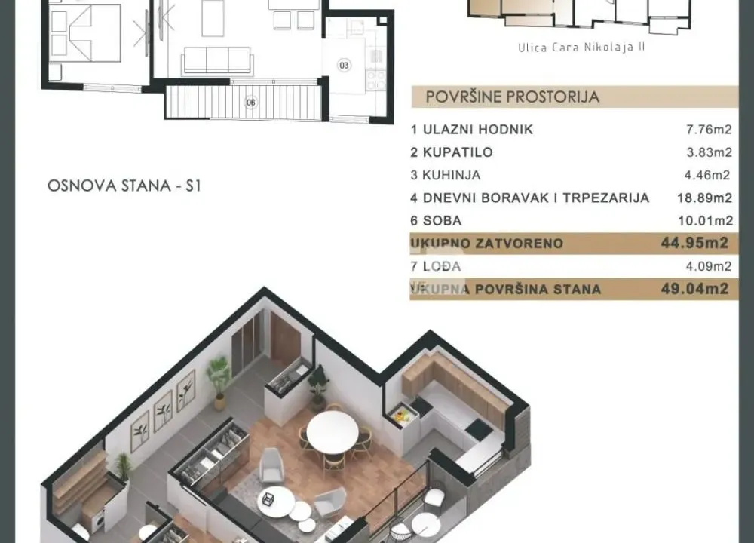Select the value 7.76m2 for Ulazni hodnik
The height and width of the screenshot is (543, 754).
click(706, 130)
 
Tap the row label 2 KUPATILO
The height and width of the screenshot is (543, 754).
click(452, 152)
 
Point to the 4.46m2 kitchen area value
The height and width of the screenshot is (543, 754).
click(706, 176)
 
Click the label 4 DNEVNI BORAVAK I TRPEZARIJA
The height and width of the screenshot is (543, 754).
click(530, 198)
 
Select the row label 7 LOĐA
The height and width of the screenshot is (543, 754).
click(437, 266)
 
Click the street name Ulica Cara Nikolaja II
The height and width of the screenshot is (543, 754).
click(582, 47)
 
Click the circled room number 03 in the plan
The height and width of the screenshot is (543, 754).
click(344, 66)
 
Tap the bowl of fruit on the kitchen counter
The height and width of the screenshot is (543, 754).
click(401, 413)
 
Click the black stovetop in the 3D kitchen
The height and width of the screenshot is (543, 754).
click(478, 429)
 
